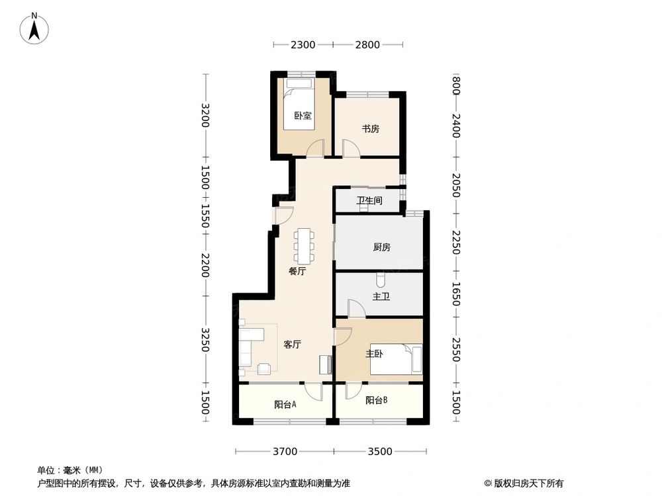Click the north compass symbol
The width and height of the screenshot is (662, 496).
[34, 28]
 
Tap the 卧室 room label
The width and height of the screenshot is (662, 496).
[303, 116]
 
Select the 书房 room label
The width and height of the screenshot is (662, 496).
[370, 129]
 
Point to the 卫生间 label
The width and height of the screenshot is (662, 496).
[369, 201]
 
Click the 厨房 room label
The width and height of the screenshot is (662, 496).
[381, 247]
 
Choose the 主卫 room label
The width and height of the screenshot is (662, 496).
[381, 297]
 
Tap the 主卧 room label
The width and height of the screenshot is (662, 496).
[375, 354]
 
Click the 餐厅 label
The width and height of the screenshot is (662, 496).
[297, 271]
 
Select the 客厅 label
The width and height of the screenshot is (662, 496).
[293, 345]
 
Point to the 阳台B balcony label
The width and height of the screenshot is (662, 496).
[377, 400]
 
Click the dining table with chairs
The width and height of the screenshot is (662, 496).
[305, 244]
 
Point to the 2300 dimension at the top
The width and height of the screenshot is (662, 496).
[302, 45]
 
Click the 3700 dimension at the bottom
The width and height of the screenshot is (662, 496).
[285, 452]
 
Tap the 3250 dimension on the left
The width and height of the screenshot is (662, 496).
[206, 341]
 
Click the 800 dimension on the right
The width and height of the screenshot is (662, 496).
[455, 85]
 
